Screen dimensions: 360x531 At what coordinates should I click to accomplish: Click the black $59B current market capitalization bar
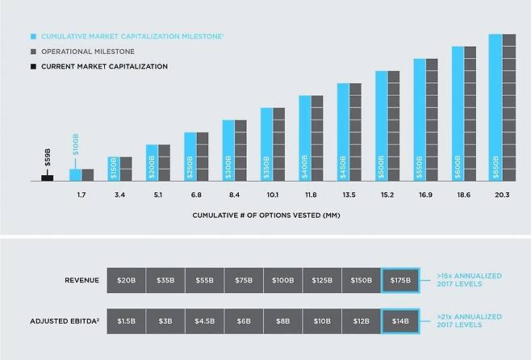47,177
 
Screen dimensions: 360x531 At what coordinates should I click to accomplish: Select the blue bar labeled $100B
75,174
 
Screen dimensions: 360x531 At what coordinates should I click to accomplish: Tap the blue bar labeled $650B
495,107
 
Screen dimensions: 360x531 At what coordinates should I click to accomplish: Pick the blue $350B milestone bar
265,144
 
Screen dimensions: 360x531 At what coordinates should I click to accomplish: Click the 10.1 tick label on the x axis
272,195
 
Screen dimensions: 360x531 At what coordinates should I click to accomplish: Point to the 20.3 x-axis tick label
501,195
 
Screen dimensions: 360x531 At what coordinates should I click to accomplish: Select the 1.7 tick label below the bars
82,195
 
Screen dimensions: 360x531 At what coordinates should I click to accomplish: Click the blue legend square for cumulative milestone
32,36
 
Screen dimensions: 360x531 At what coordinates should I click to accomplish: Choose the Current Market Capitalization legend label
104,66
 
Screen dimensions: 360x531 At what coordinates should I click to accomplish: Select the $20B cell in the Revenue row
125,281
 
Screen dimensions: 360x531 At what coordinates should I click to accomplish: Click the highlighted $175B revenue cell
400,281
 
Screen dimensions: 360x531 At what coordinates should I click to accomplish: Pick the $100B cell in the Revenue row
282,281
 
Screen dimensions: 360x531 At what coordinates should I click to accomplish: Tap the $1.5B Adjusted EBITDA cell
125,320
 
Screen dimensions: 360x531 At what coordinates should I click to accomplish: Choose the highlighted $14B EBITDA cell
400,320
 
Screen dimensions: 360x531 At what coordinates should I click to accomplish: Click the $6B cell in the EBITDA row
243,320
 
